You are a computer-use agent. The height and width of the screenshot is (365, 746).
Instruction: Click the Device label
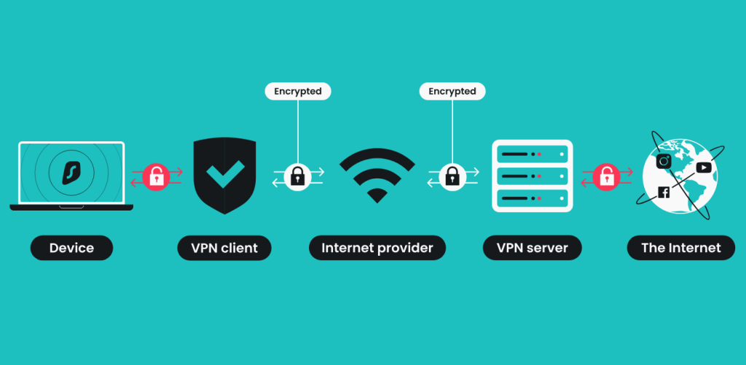[x=71, y=248]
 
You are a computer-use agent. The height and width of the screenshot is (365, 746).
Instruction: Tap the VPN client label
[x=224, y=248]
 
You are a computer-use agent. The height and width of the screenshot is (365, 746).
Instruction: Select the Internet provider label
[x=377, y=248]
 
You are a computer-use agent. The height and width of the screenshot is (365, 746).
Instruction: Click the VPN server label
[x=531, y=248]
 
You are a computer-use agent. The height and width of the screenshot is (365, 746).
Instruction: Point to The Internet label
[x=680, y=248]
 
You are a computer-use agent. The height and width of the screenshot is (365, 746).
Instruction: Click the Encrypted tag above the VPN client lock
[x=297, y=91]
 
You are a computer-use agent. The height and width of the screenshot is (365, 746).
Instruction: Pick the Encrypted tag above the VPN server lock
[x=452, y=91]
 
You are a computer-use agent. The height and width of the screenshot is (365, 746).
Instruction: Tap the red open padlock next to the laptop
[x=155, y=176]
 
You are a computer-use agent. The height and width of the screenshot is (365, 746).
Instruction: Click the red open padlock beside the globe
[x=605, y=176]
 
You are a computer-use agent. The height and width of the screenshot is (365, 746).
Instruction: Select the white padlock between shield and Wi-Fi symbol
[x=297, y=176]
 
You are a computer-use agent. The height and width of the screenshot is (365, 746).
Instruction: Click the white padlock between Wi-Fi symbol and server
[x=452, y=176]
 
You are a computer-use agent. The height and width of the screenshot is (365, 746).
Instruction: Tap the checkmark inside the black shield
[x=224, y=176]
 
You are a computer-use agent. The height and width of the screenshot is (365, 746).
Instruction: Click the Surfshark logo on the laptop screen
[x=71, y=173]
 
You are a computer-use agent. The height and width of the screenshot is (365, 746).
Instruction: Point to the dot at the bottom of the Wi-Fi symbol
[x=377, y=195]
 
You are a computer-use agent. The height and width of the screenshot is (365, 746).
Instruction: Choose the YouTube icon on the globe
[x=703, y=168]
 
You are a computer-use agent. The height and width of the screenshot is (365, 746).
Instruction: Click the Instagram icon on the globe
[x=664, y=162]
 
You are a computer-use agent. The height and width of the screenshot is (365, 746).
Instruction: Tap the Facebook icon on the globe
[x=664, y=192]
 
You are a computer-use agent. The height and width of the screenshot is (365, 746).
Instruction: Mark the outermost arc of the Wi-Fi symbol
[x=377, y=152]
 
